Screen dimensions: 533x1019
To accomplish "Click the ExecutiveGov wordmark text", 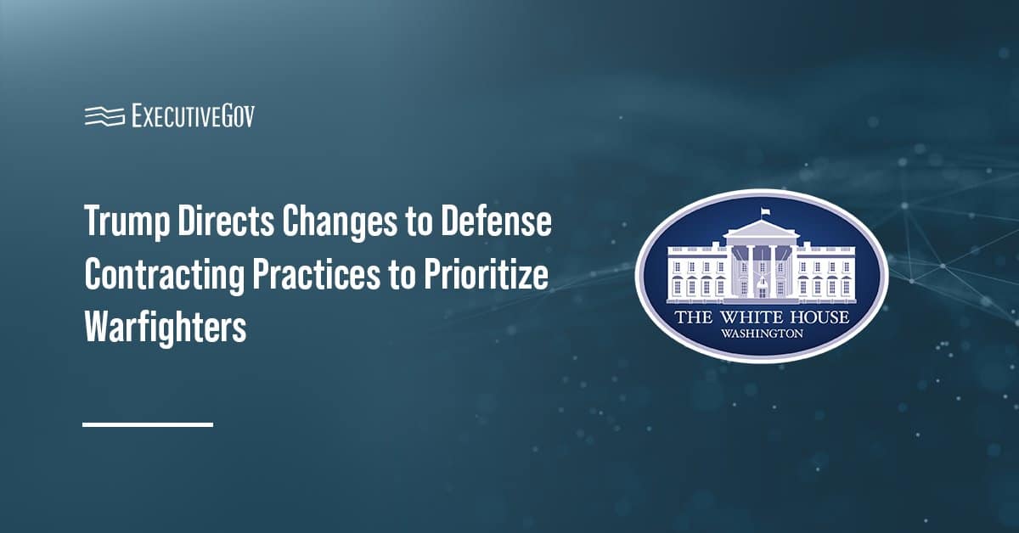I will tap(193, 115).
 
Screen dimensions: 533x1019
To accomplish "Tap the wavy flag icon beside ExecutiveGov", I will tap(104, 115).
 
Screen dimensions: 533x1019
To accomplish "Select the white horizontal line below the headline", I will tap(147, 424).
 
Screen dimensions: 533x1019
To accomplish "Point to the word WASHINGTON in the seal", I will tap(762, 334).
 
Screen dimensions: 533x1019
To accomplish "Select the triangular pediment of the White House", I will tap(761, 231).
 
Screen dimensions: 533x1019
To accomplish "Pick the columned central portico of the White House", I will tap(761, 267).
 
